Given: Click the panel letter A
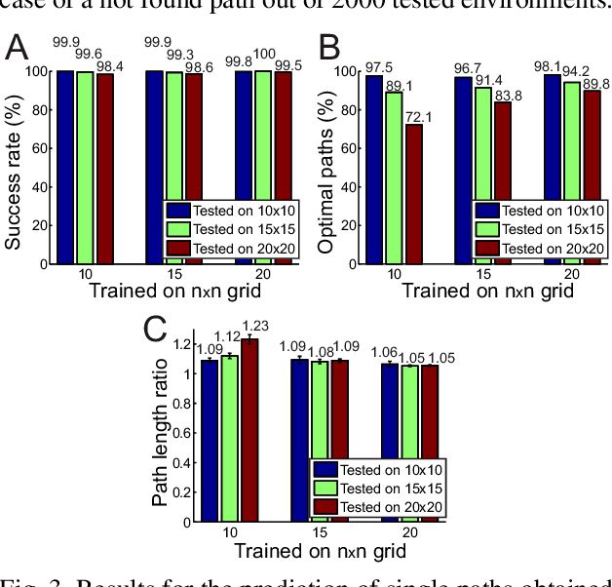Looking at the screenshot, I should tap(18, 48).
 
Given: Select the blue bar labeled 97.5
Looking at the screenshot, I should tap(375, 169).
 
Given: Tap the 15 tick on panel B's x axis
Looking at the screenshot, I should tap(484, 274).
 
